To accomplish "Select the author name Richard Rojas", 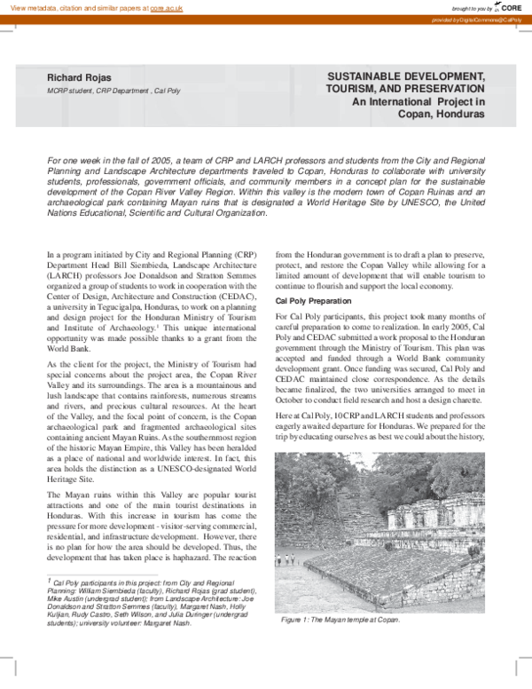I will point(79,77).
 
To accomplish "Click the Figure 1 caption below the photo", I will point(340,620).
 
